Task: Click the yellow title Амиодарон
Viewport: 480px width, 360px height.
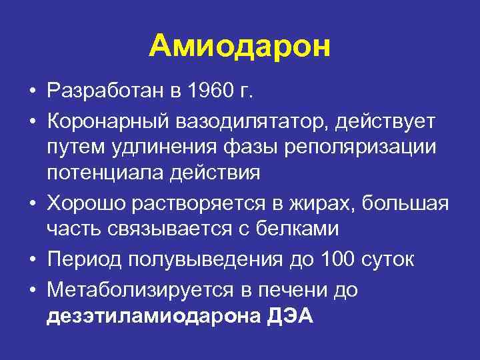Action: pos(240,47)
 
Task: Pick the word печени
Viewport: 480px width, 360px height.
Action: pos(294,290)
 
